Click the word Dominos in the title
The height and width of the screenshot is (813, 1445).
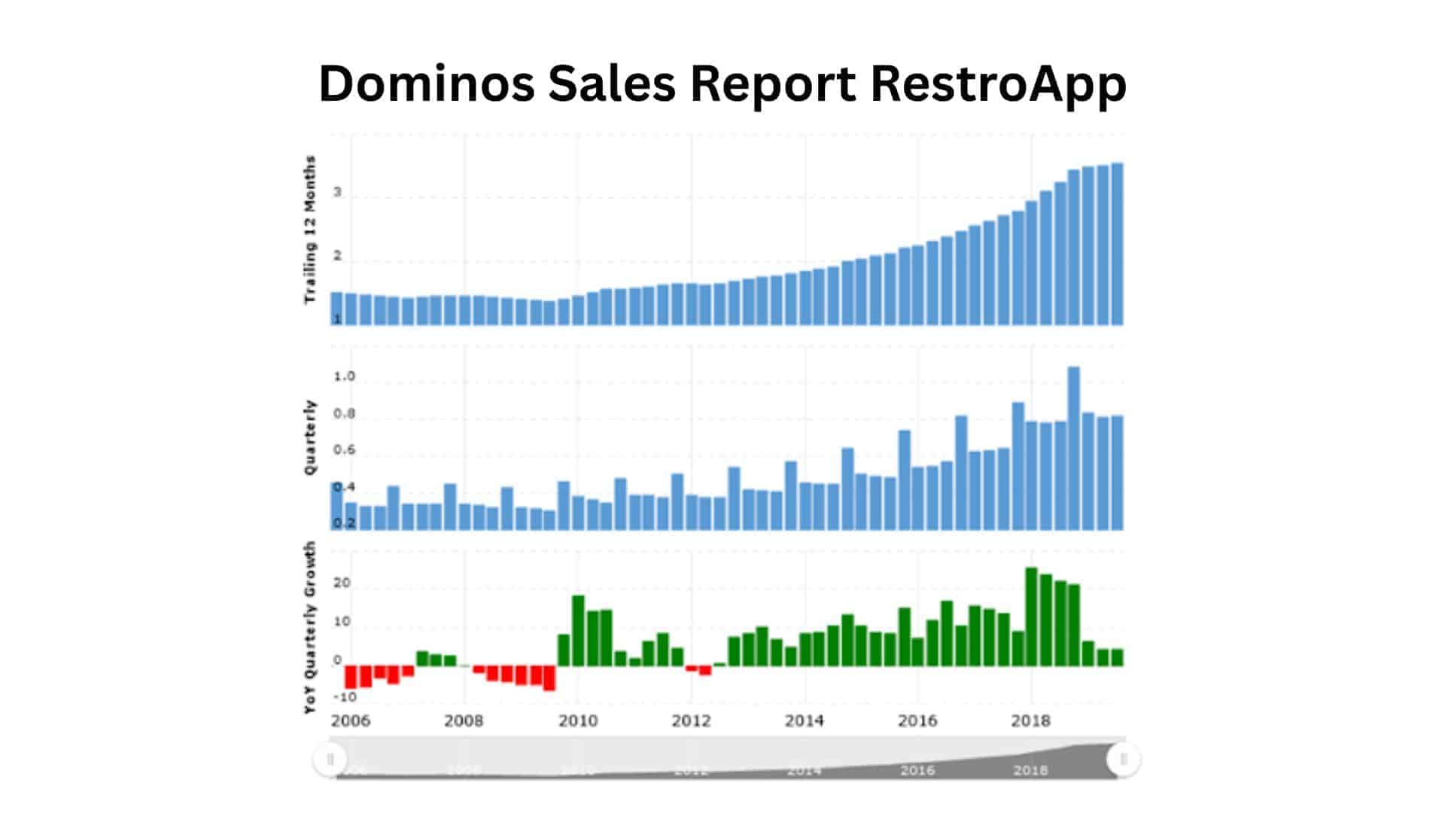pos(426,83)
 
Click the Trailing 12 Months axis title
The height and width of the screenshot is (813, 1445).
pos(310,230)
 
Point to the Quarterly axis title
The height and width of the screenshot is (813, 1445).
pos(310,437)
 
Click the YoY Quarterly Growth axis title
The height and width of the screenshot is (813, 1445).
pos(310,628)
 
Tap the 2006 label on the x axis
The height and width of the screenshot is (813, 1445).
pos(351,721)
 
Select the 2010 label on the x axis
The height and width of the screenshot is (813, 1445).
pos(578,721)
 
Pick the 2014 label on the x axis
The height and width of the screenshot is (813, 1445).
pos(805,721)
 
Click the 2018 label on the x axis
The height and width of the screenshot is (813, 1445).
pos(1030,721)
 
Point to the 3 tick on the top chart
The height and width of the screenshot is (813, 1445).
pos(338,192)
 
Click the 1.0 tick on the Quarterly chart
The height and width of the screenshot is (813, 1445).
pos(344,376)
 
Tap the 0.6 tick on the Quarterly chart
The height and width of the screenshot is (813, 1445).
pos(344,450)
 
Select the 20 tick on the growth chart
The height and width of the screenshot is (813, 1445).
pos(342,583)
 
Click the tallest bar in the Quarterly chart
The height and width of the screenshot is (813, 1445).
pos(1074,448)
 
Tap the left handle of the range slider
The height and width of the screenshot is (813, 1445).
pos(330,759)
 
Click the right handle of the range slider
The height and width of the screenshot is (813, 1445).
pos(1123,759)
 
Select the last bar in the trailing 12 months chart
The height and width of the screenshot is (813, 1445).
pos(1117,245)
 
